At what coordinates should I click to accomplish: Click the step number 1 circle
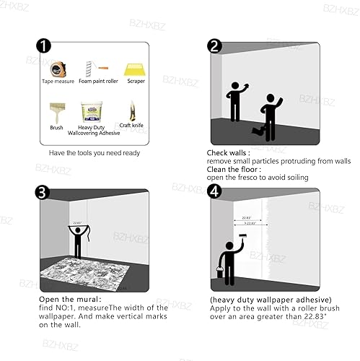[45, 47]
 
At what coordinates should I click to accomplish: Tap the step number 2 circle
[214, 47]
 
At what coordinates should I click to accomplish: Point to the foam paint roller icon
[95, 69]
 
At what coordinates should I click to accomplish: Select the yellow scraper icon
[136, 70]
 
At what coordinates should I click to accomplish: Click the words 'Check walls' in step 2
[228, 152]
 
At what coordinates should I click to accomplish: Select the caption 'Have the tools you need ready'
[94, 153]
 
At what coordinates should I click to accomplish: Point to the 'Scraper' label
[136, 82]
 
